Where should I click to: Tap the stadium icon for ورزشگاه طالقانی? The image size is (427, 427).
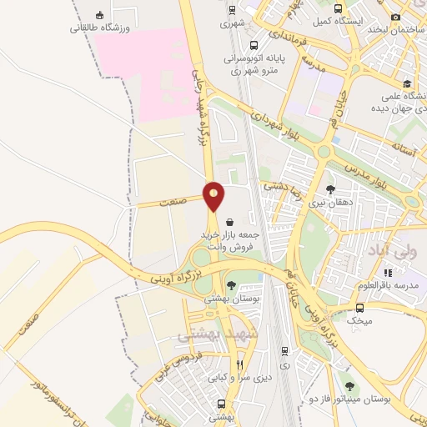101,16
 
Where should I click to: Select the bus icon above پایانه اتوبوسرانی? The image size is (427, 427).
254,46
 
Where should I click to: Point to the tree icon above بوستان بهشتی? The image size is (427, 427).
231,285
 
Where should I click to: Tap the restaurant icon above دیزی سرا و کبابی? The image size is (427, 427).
239,364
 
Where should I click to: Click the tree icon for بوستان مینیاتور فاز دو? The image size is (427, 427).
349,385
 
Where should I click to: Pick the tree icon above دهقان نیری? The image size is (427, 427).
330,189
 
